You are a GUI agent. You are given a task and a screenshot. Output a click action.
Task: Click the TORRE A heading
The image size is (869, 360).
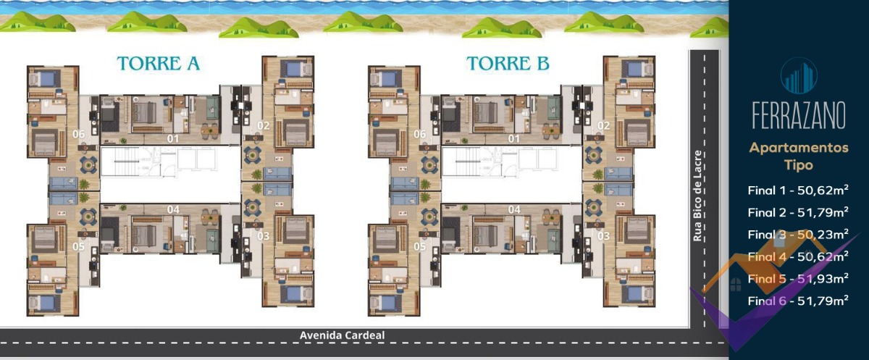point(159,64)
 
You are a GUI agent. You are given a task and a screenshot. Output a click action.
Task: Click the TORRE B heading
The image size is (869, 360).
point(508,64)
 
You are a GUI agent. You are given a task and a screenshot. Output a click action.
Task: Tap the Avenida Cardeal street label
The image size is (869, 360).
point(342,335)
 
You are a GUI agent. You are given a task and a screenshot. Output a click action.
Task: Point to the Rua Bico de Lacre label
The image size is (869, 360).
point(697,196)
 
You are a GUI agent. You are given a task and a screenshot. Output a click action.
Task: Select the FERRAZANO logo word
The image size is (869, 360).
point(799,115)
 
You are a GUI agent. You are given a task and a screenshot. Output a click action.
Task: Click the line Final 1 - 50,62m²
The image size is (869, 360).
point(798,190)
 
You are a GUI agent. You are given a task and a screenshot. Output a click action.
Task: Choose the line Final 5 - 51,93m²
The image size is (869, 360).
point(798,279)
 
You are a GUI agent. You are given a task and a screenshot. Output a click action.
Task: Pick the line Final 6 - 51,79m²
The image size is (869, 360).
point(798,301)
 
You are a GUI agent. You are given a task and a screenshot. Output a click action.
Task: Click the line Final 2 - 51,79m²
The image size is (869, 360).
point(798,212)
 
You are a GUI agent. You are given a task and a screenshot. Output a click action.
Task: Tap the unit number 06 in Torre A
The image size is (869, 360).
point(78,134)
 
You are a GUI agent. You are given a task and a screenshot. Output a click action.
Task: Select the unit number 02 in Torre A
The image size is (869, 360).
point(264,126)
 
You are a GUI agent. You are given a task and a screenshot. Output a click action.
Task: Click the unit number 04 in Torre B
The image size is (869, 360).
point(514,209)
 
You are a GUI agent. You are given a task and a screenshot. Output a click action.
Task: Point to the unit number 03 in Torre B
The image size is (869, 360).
point(604,236)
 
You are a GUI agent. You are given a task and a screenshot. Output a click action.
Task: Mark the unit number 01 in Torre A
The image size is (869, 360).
point(173,138)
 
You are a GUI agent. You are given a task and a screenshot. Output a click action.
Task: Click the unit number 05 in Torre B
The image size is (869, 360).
point(420,246)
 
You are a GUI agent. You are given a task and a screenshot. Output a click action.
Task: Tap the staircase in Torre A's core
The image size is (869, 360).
point(125,161)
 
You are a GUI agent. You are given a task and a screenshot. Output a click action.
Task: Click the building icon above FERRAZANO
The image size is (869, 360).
point(799,77)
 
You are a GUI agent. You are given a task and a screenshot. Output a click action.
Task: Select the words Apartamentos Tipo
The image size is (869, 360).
point(799,156)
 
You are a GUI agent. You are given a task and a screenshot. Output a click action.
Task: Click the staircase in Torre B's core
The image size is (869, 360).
point(466,161)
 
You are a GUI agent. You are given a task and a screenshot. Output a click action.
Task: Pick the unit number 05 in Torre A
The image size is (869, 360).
point(78,246)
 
